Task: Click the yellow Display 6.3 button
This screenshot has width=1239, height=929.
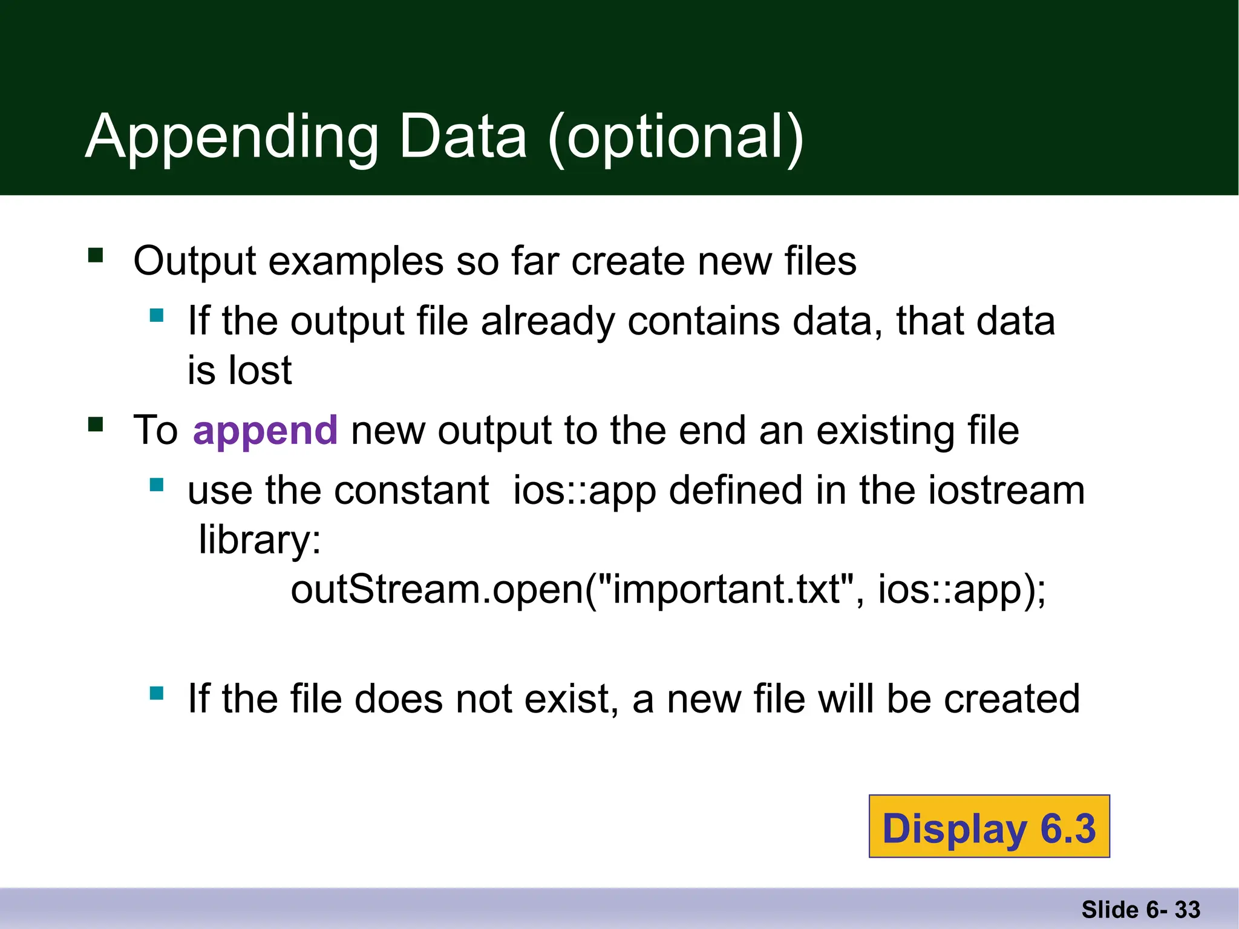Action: point(989,827)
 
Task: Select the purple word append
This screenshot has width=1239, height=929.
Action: point(265,431)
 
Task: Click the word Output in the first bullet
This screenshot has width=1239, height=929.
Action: point(195,261)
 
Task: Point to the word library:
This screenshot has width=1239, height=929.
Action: point(260,539)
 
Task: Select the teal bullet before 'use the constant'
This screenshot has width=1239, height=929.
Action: point(157,484)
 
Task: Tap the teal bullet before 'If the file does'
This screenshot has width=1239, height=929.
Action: point(157,693)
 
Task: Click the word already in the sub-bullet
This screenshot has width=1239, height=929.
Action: point(547,322)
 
